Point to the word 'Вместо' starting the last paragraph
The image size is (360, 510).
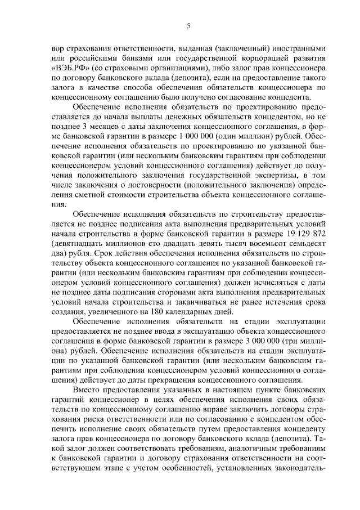[x=88, y=389]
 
